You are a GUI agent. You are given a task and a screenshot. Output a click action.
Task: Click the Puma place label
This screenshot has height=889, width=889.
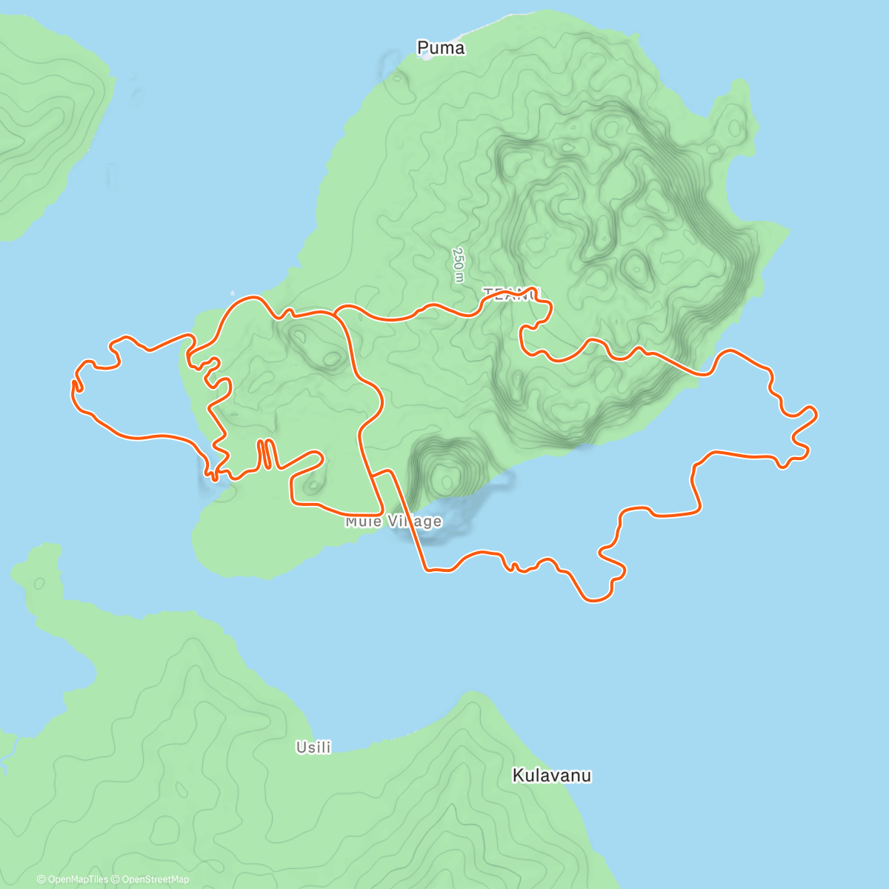[x=441, y=48]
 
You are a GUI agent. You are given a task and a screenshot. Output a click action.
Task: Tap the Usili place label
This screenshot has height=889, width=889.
[x=313, y=748]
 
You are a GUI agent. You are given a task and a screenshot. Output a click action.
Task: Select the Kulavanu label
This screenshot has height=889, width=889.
[x=552, y=776]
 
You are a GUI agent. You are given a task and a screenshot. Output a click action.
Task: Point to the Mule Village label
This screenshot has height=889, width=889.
[x=393, y=522]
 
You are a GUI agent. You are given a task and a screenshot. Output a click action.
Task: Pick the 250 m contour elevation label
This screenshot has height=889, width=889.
[x=459, y=264]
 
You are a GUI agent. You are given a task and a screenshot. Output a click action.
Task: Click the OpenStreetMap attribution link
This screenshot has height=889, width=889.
[x=156, y=879]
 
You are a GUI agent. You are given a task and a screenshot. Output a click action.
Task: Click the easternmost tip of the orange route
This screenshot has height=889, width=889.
[x=815, y=412]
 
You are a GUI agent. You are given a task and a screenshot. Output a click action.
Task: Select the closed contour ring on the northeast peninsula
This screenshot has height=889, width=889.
[x=733, y=119]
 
